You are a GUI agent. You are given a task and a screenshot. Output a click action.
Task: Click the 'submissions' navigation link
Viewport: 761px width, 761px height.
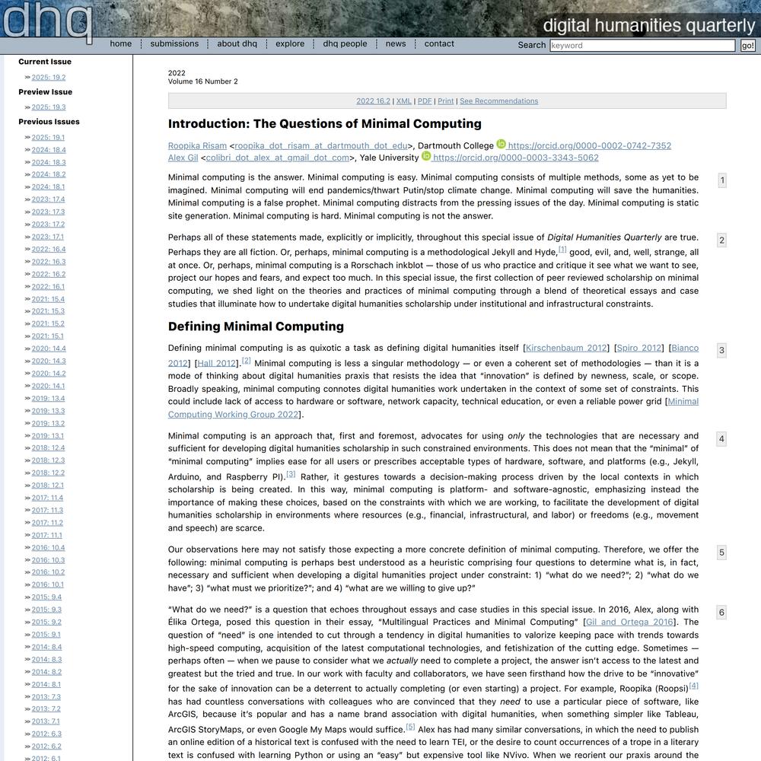click(x=174, y=44)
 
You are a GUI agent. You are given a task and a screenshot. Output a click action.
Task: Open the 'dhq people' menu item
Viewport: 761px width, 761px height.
click(x=345, y=44)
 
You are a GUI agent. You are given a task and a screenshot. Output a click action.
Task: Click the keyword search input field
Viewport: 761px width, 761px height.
click(x=642, y=46)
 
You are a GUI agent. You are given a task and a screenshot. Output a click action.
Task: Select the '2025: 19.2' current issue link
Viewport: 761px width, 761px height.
click(x=49, y=78)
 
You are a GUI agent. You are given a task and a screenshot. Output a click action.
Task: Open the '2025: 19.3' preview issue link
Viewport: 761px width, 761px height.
click(x=49, y=107)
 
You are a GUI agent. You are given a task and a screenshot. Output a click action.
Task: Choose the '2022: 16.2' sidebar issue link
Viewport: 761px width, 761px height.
click(x=49, y=274)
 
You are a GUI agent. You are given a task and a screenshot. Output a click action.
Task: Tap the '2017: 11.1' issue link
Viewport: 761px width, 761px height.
click(x=47, y=535)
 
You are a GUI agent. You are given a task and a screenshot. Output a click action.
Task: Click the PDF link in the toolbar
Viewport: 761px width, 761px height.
click(x=425, y=101)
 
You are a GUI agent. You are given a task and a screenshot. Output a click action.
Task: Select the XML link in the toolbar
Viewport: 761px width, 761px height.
click(x=403, y=101)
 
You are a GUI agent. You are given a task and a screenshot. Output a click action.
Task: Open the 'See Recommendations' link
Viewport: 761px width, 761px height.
click(x=498, y=101)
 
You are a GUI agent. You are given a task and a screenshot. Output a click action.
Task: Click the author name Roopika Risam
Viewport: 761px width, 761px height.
click(x=197, y=146)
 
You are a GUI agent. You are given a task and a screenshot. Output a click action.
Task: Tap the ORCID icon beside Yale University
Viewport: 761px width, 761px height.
click(x=426, y=157)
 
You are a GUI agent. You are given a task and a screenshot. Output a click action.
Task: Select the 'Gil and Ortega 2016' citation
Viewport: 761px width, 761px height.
click(x=630, y=622)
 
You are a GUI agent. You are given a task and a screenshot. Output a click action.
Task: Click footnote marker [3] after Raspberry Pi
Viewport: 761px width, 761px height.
click(x=291, y=474)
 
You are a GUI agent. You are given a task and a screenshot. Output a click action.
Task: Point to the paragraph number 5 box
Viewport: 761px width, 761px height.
click(x=721, y=552)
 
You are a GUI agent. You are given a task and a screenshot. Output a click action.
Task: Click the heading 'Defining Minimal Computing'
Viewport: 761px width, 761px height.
click(x=256, y=326)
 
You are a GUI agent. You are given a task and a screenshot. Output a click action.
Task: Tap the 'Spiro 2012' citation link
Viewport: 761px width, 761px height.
click(x=639, y=349)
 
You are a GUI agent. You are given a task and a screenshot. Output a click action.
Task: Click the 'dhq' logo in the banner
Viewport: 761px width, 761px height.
click(x=47, y=21)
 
